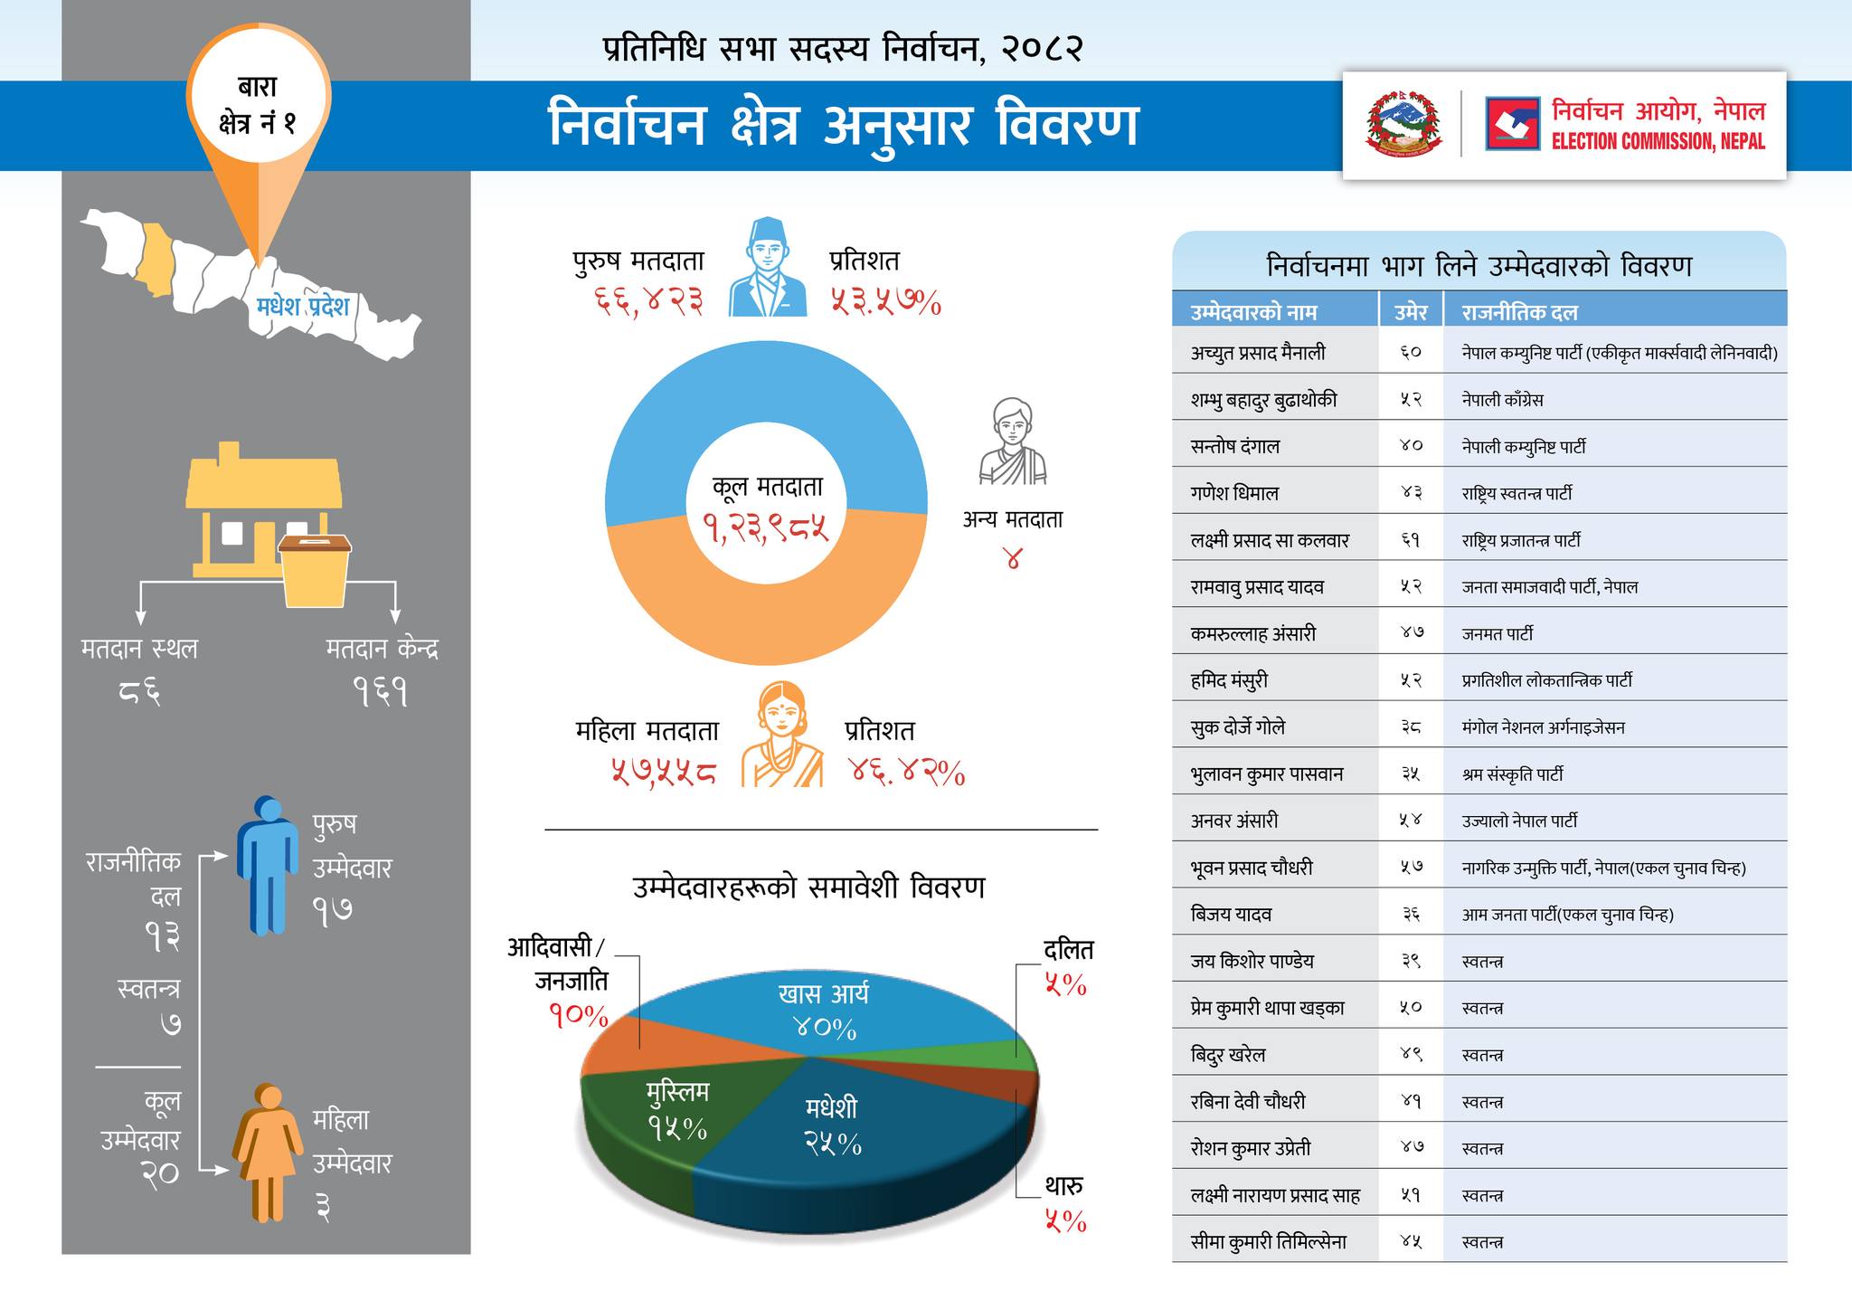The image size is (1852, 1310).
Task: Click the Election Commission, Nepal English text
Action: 1658,141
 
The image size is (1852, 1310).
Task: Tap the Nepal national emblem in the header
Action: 1403,125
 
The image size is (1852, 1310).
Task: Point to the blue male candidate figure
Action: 268,864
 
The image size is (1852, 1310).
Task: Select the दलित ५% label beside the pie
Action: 1067,966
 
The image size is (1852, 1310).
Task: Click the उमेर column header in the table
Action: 1410,312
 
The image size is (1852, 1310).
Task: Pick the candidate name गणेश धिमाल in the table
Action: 1234,493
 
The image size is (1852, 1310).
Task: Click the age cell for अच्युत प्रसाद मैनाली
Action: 1410,353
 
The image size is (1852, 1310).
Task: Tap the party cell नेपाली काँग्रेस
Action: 1502,400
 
